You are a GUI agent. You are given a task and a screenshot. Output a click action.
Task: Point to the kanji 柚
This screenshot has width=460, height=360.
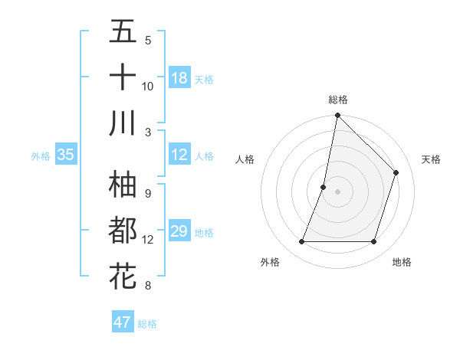[x=123, y=184]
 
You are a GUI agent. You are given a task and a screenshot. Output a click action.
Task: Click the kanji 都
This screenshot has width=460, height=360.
[x=123, y=229]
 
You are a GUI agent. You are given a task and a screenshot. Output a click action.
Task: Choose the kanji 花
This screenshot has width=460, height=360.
[x=123, y=274]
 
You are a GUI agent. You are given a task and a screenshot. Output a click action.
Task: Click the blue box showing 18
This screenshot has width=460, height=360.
[x=179, y=78]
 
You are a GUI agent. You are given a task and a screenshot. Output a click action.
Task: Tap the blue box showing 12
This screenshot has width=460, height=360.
[x=179, y=155]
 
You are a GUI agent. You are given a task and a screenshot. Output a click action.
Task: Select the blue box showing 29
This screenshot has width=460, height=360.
[x=179, y=231]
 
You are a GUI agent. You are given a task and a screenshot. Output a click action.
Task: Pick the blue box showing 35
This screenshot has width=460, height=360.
[x=65, y=155]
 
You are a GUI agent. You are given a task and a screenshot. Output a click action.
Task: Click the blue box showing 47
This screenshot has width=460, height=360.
[x=122, y=322]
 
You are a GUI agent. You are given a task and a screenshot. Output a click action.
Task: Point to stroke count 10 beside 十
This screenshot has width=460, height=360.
[x=148, y=86]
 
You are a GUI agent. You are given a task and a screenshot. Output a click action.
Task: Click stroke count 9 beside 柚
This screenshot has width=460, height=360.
[x=148, y=193]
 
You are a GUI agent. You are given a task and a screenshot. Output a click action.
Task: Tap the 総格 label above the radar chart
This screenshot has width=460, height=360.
[x=338, y=100]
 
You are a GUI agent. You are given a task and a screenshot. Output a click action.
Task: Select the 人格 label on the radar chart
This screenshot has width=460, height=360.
[x=245, y=159]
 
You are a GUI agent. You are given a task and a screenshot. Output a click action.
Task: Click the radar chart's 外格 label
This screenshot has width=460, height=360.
[x=270, y=262]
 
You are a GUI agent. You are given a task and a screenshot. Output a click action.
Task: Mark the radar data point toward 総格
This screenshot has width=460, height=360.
[x=337, y=116]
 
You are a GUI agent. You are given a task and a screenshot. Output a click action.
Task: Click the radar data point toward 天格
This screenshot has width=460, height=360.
[x=396, y=172]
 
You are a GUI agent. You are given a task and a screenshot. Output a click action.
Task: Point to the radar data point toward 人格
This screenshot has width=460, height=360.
[x=324, y=187]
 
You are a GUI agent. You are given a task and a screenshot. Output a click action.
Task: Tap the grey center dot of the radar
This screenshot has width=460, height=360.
[x=337, y=191]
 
